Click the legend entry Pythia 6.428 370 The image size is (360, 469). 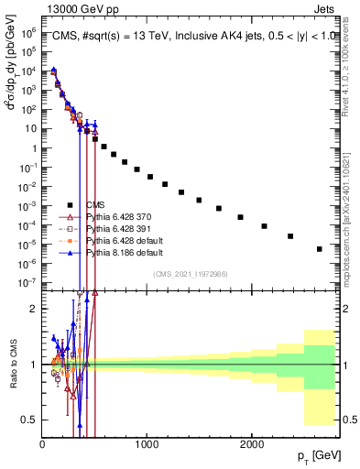[x=115, y=216]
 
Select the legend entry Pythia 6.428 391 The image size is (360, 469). [x=115, y=228]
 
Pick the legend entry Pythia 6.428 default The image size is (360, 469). [x=119, y=240]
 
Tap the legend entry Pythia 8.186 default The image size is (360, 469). [x=119, y=251]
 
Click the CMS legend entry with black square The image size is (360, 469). [x=94, y=205]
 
